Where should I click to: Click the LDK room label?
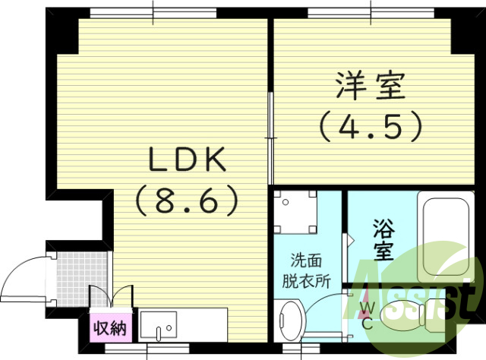[x=187, y=160]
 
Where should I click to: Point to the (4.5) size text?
[x=369, y=125]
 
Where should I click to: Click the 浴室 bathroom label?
[x=383, y=238]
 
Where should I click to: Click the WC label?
[x=367, y=314]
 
